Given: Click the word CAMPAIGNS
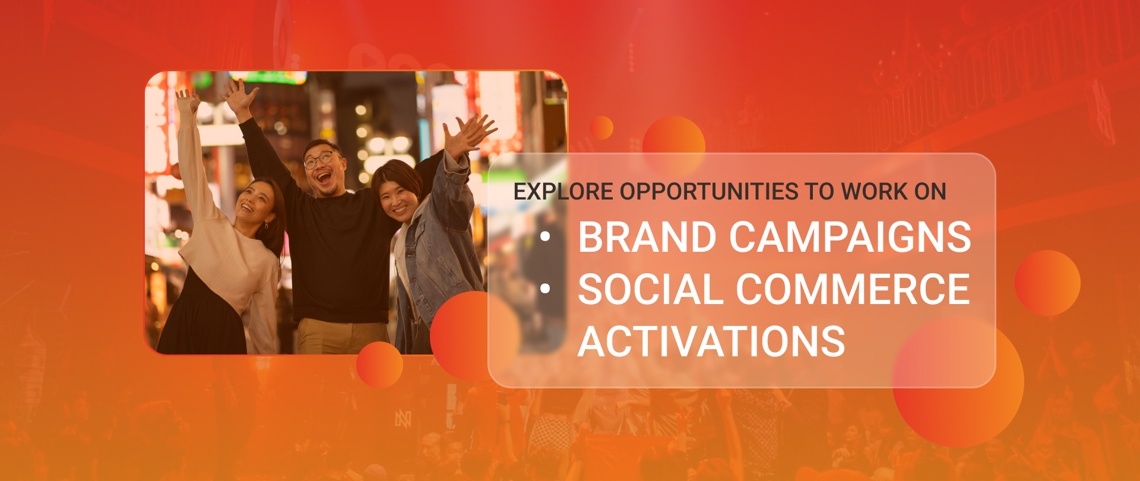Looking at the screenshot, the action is (x=850, y=237).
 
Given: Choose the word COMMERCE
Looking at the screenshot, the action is (x=853, y=289).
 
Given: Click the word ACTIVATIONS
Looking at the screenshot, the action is (x=711, y=341).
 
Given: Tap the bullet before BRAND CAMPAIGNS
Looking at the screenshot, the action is (x=545, y=237).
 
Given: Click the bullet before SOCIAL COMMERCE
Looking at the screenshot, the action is (x=545, y=289).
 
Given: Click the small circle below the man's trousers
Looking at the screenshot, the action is (x=379, y=365).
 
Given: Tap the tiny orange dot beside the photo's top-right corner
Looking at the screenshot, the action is (x=601, y=128).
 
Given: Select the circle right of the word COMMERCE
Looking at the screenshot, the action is (x=1047, y=283).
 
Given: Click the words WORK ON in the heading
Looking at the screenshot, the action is (x=894, y=192).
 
